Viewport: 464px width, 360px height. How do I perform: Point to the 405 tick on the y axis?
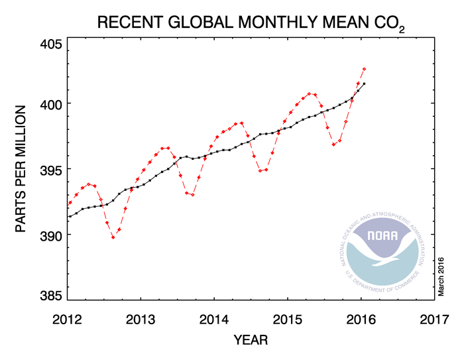50,44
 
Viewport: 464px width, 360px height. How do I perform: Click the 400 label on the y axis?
50,104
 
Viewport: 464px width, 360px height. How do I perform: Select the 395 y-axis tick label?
50,169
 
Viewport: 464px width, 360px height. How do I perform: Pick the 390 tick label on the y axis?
50,235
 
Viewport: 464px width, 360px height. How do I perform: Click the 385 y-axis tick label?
50,295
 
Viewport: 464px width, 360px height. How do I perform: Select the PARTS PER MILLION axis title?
21,168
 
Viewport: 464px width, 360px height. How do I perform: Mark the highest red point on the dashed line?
365,69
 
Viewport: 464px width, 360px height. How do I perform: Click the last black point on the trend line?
365,84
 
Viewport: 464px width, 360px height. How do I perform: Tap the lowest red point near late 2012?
113,237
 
